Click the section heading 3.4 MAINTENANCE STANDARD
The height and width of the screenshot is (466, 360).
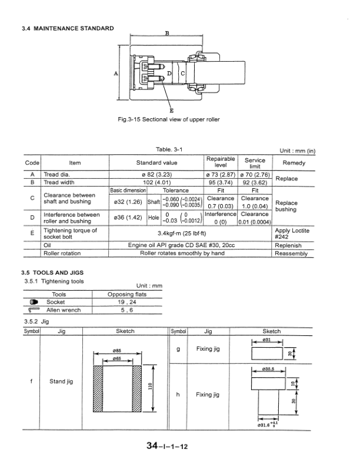[67, 28]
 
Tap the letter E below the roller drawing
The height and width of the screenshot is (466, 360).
[171, 111]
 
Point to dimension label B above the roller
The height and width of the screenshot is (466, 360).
[167, 34]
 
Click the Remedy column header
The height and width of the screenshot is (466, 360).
[294, 162]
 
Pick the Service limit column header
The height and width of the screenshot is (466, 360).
[255, 162]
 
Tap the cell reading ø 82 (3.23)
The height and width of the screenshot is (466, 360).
[156, 175]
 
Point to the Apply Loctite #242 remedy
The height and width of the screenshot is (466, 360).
[293, 234]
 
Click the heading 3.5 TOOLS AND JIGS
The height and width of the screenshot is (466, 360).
[54, 273]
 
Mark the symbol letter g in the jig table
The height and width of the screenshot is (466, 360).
[178, 349]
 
